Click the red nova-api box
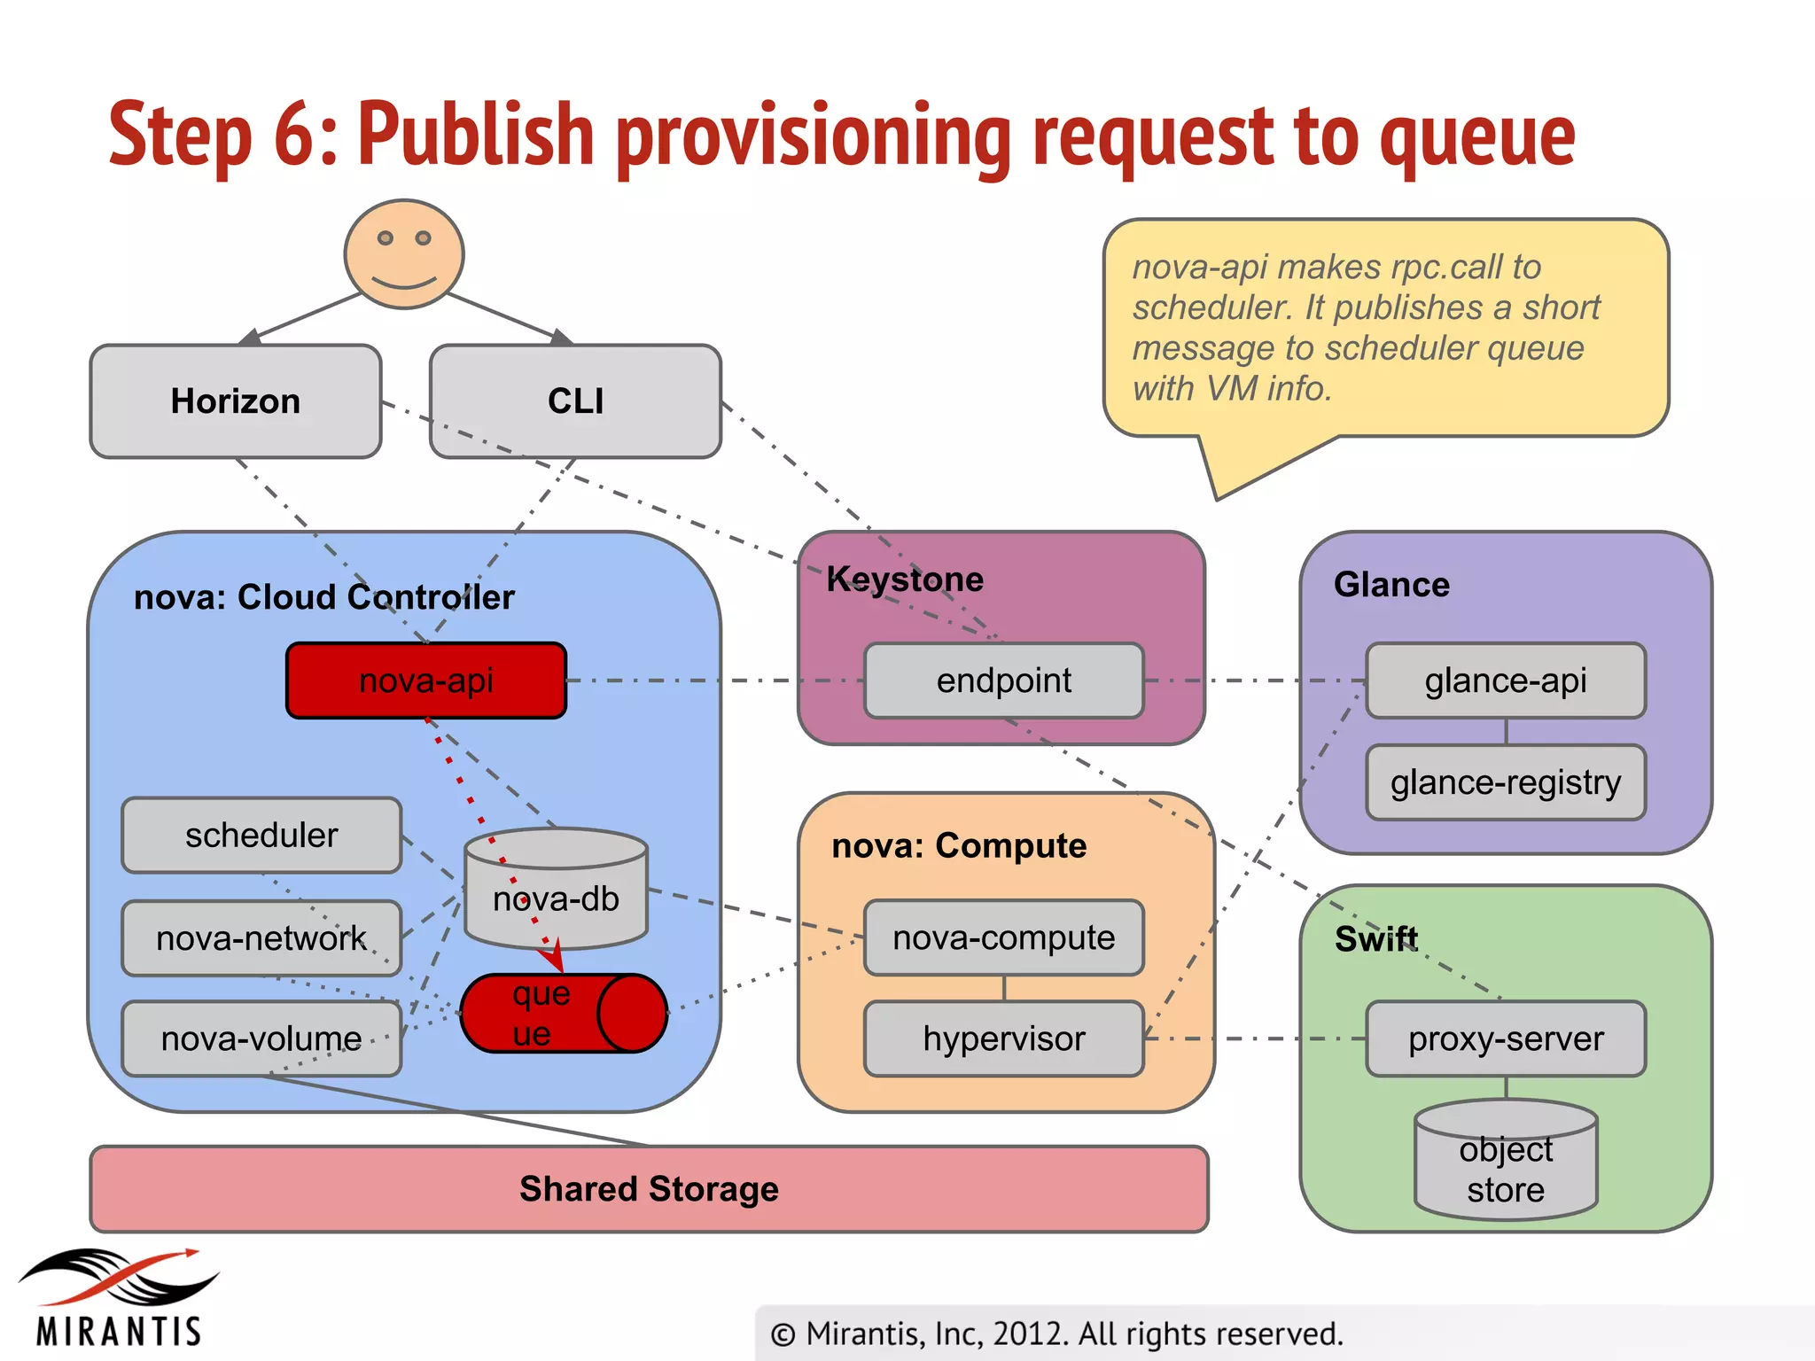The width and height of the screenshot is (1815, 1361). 426,680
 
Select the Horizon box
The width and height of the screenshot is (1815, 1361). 236,401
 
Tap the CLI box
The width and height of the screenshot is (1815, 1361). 575,401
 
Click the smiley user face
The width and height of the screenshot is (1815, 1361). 404,254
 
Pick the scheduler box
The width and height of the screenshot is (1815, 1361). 261,836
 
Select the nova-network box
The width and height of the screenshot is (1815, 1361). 261,938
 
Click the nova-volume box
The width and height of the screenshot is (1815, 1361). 261,1038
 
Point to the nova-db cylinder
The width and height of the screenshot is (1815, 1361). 557,890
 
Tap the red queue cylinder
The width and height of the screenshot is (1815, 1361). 563,1014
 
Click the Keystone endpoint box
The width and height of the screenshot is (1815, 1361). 1004,680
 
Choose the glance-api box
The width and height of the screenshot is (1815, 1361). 1506,680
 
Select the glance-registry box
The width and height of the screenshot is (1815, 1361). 1506,782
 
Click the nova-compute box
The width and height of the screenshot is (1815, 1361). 1004,937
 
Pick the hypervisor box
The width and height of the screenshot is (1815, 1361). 1004,1038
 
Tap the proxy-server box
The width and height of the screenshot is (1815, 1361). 1506,1038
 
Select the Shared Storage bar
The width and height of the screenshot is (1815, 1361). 649,1189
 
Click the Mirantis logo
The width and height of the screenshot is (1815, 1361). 119,1298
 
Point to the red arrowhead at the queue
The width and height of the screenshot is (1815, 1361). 553,959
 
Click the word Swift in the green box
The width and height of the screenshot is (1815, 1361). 1376,939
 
